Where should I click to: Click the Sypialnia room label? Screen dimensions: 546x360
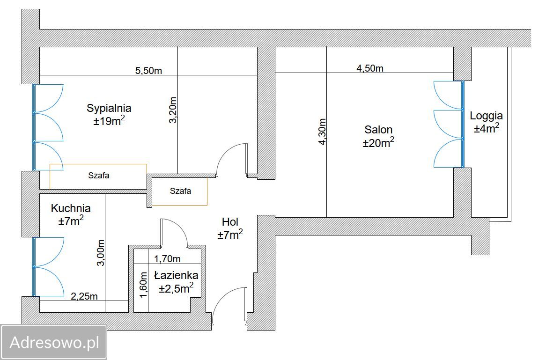tap(109, 108)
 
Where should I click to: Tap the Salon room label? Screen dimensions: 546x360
tap(378, 130)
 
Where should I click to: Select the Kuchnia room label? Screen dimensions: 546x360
tap(71, 208)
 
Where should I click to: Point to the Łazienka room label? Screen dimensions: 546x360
tap(176, 275)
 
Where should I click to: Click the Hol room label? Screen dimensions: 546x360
tap(230, 222)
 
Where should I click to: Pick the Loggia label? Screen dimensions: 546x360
tap(486, 116)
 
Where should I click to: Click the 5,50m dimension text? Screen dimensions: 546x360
tap(149, 71)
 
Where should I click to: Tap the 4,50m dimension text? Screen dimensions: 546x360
tap(370, 68)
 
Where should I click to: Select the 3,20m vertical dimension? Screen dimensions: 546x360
tap(173, 110)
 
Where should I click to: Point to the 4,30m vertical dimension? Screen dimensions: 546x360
tap(322, 132)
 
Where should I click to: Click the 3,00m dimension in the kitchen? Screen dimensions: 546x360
tap(100, 253)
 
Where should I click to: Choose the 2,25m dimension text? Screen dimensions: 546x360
tap(84, 296)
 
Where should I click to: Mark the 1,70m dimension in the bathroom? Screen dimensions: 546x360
tap(167, 259)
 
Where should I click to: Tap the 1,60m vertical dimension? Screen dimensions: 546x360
tap(143, 285)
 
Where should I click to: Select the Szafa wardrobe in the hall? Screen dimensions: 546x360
tap(180, 191)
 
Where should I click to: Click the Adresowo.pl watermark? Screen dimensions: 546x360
tap(54, 342)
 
